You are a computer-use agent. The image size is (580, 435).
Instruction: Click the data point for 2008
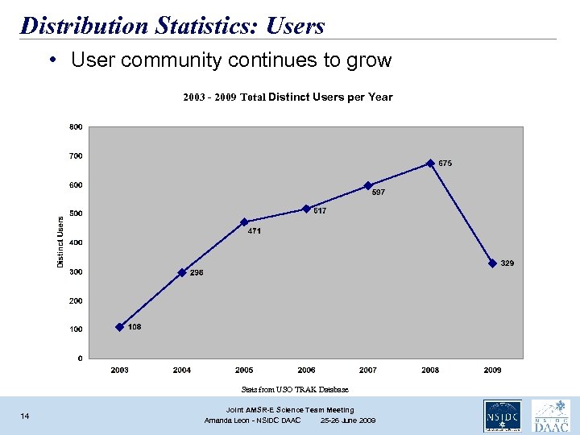(x=430, y=163)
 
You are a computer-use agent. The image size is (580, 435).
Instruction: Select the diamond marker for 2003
(x=120, y=327)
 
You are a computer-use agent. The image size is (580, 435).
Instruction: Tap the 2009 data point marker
(x=492, y=263)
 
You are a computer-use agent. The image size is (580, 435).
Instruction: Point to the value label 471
(x=255, y=231)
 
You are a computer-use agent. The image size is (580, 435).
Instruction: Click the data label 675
(x=445, y=164)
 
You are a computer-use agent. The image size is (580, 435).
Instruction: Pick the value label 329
(x=507, y=263)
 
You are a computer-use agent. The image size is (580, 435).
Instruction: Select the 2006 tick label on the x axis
(x=306, y=370)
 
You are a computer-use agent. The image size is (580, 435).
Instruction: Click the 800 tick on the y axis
(x=75, y=126)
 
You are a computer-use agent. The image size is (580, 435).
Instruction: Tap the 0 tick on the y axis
(x=79, y=358)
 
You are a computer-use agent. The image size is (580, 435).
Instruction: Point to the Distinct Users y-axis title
(x=60, y=242)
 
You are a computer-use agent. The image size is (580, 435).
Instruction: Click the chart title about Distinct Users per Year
(x=288, y=97)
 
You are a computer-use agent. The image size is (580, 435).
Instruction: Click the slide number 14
(x=25, y=416)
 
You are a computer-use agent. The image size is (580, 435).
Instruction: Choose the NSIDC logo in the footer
(x=501, y=416)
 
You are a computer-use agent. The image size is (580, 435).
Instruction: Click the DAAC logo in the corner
(x=551, y=416)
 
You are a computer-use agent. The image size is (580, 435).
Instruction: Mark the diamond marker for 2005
(x=244, y=222)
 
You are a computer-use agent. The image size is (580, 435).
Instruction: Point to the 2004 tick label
(x=182, y=370)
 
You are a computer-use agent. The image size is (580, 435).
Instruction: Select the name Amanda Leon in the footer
(x=228, y=420)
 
